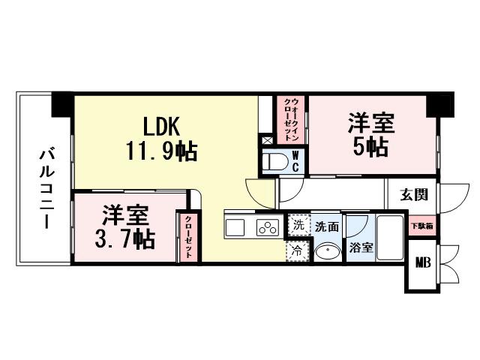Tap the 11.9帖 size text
coord(161,152)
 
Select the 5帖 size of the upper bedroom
coord(371,146)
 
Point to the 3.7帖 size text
coord(124,238)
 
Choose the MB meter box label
coord(423,263)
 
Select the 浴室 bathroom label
coord(361,248)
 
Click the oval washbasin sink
coord(326,251)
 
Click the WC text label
coord(295,160)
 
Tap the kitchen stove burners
coord(267,227)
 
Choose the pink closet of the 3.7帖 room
coord(188,238)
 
